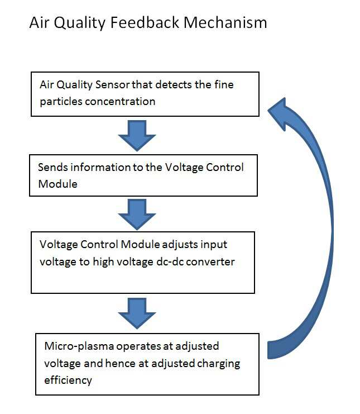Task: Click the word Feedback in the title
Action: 145,22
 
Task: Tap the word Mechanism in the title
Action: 225,22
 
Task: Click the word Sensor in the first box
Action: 112,84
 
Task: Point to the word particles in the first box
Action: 61,102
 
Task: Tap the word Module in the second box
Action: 57,184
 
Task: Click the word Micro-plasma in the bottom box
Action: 79,346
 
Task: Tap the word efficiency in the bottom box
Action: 68,380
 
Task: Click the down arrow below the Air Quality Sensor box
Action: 137,135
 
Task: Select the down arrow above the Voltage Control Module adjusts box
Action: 137,215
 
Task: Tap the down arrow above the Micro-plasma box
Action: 137,313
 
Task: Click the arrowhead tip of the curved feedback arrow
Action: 268,110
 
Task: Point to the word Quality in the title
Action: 80,23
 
